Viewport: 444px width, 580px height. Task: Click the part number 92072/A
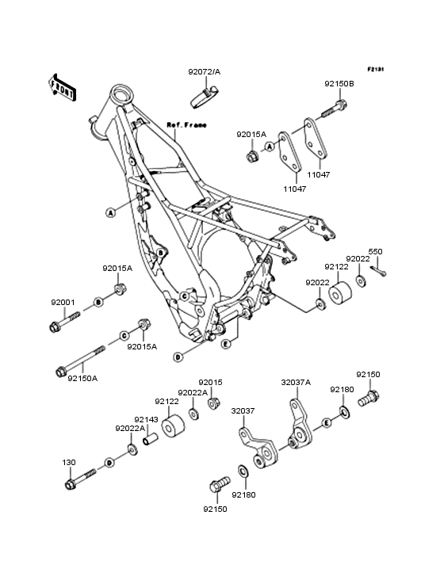pos(205,72)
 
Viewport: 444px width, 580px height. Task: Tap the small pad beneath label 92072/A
pos(205,97)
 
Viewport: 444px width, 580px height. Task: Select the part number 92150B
pos(339,84)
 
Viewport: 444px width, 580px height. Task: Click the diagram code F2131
pos(375,70)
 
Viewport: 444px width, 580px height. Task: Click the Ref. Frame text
pos(186,125)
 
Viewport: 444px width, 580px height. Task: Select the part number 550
pos(374,252)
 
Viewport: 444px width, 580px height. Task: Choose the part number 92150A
pos(82,379)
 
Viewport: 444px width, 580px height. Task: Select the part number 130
pos(69,461)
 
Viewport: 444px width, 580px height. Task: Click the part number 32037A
pos(296,382)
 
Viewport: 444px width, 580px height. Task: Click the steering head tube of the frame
pos(121,97)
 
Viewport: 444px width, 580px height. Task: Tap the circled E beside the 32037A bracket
pos(326,424)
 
